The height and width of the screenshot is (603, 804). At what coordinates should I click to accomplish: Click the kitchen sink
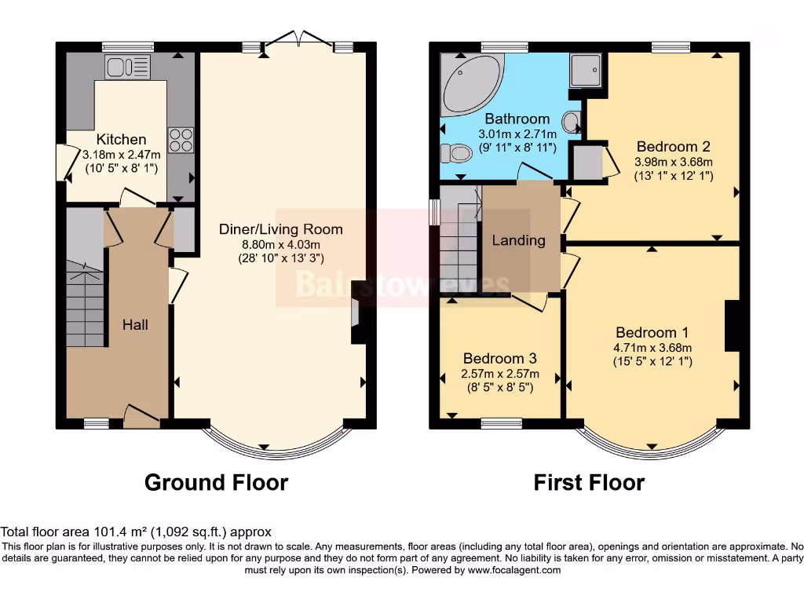pyautogui.click(x=128, y=68)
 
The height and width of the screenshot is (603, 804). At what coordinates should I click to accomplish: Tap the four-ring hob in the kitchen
pyautogui.click(x=180, y=140)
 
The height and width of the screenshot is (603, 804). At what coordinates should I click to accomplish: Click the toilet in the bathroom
pyautogui.click(x=455, y=152)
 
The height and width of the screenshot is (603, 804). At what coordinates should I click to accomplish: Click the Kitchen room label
pyautogui.click(x=121, y=139)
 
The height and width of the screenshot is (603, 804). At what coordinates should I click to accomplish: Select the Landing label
pyautogui.click(x=518, y=240)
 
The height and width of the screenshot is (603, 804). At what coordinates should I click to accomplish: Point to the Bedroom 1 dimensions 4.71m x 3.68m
pyautogui.click(x=652, y=347)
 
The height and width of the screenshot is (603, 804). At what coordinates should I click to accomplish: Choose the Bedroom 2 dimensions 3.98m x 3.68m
pyautogui.click(x=674, y=162)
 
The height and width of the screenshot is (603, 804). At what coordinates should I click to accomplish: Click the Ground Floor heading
pyautogui.click(x=216, y=482)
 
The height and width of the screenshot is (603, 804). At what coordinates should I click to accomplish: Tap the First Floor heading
pyautogui.click(x=589, y=482)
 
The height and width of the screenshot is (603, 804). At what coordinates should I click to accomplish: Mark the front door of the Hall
pyautogui.click(x=142, y=416)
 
